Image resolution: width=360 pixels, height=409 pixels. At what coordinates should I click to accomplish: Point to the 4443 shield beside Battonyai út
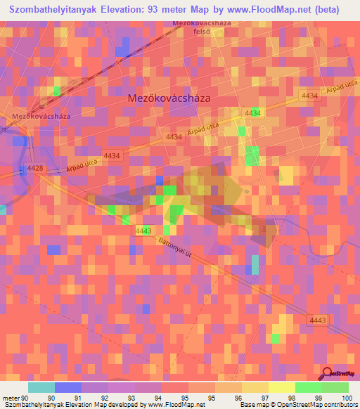tap(143, 231)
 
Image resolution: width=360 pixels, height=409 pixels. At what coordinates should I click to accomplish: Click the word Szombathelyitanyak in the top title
tap(56, 10)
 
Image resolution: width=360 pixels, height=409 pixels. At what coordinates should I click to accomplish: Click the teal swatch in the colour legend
tap(41, 387)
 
